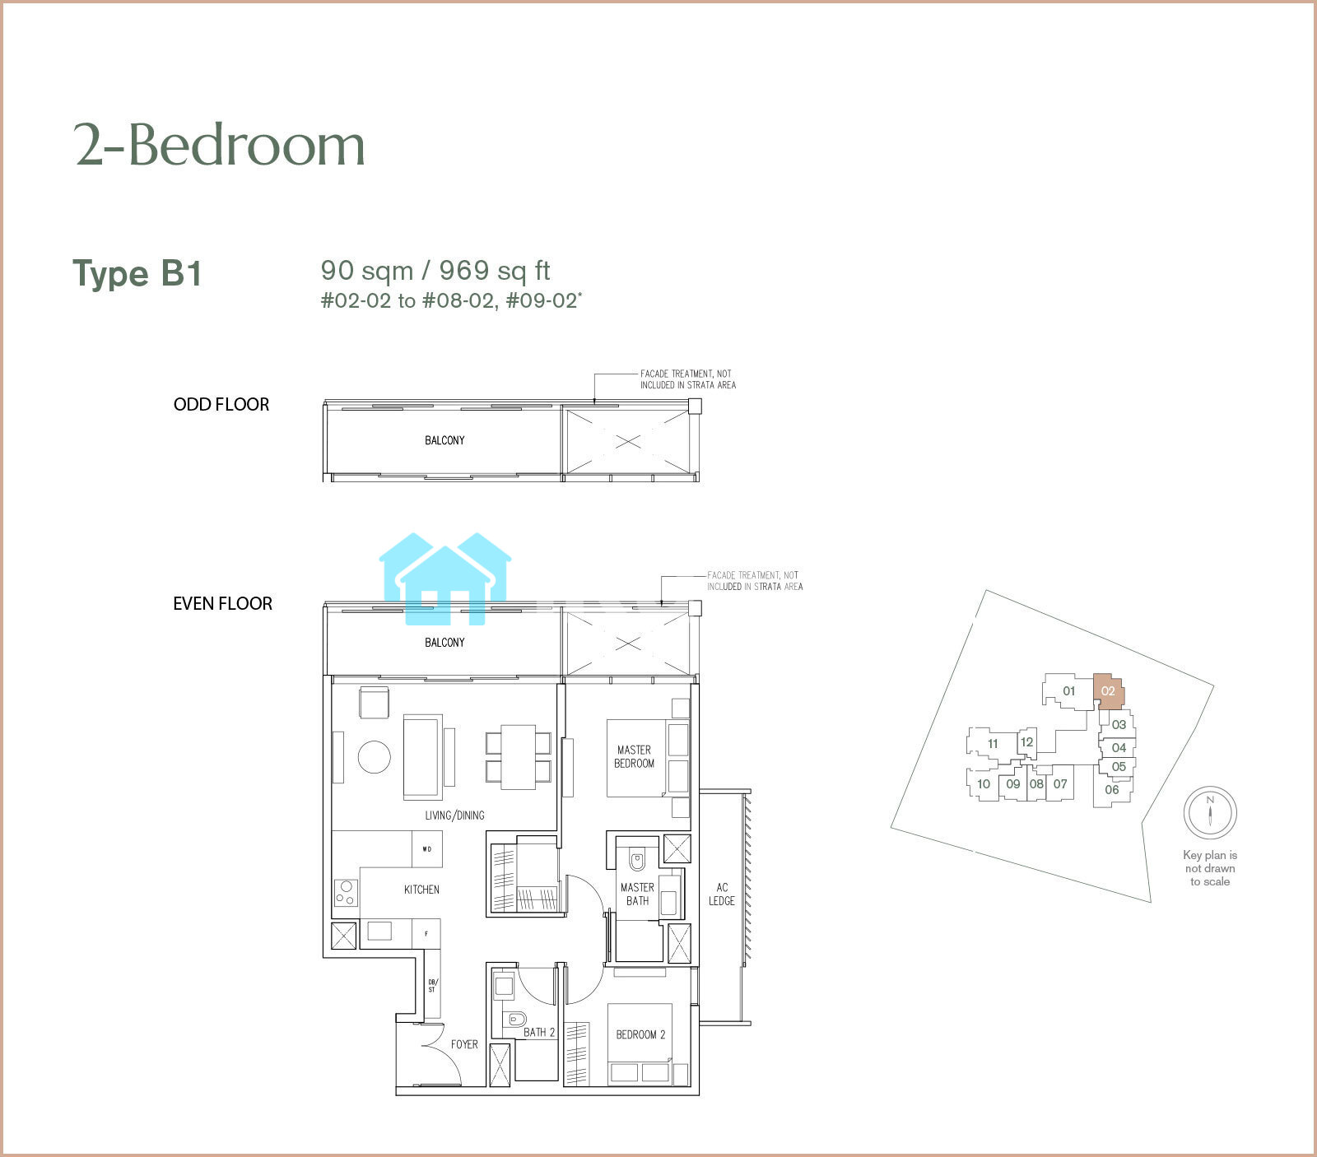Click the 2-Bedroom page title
point(220,145)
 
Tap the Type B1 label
point(137,274)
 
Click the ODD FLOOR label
point(221,404)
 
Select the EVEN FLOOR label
point(222,603)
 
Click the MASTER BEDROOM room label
point(635,756)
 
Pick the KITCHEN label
point(421,890)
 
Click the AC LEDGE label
point(722,894)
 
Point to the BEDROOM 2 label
point(640,1034)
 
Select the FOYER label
point(464,1044)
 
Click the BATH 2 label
point(539,1032)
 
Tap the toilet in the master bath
point(637,860)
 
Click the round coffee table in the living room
point(375,756)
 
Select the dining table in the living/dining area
point(519,756)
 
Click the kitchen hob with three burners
point(346,893)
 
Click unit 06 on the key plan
point(1112,790)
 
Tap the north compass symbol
point(1210,812)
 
